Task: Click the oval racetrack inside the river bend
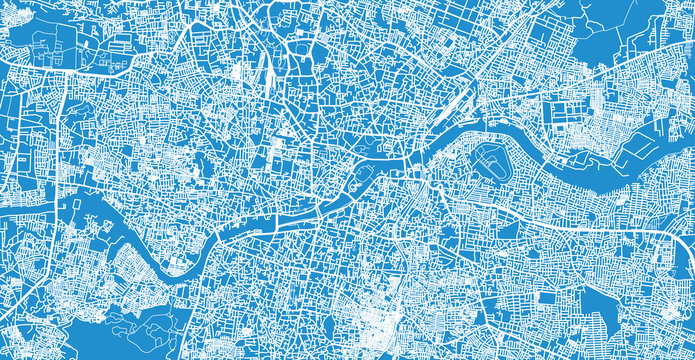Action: pos(488,158)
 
